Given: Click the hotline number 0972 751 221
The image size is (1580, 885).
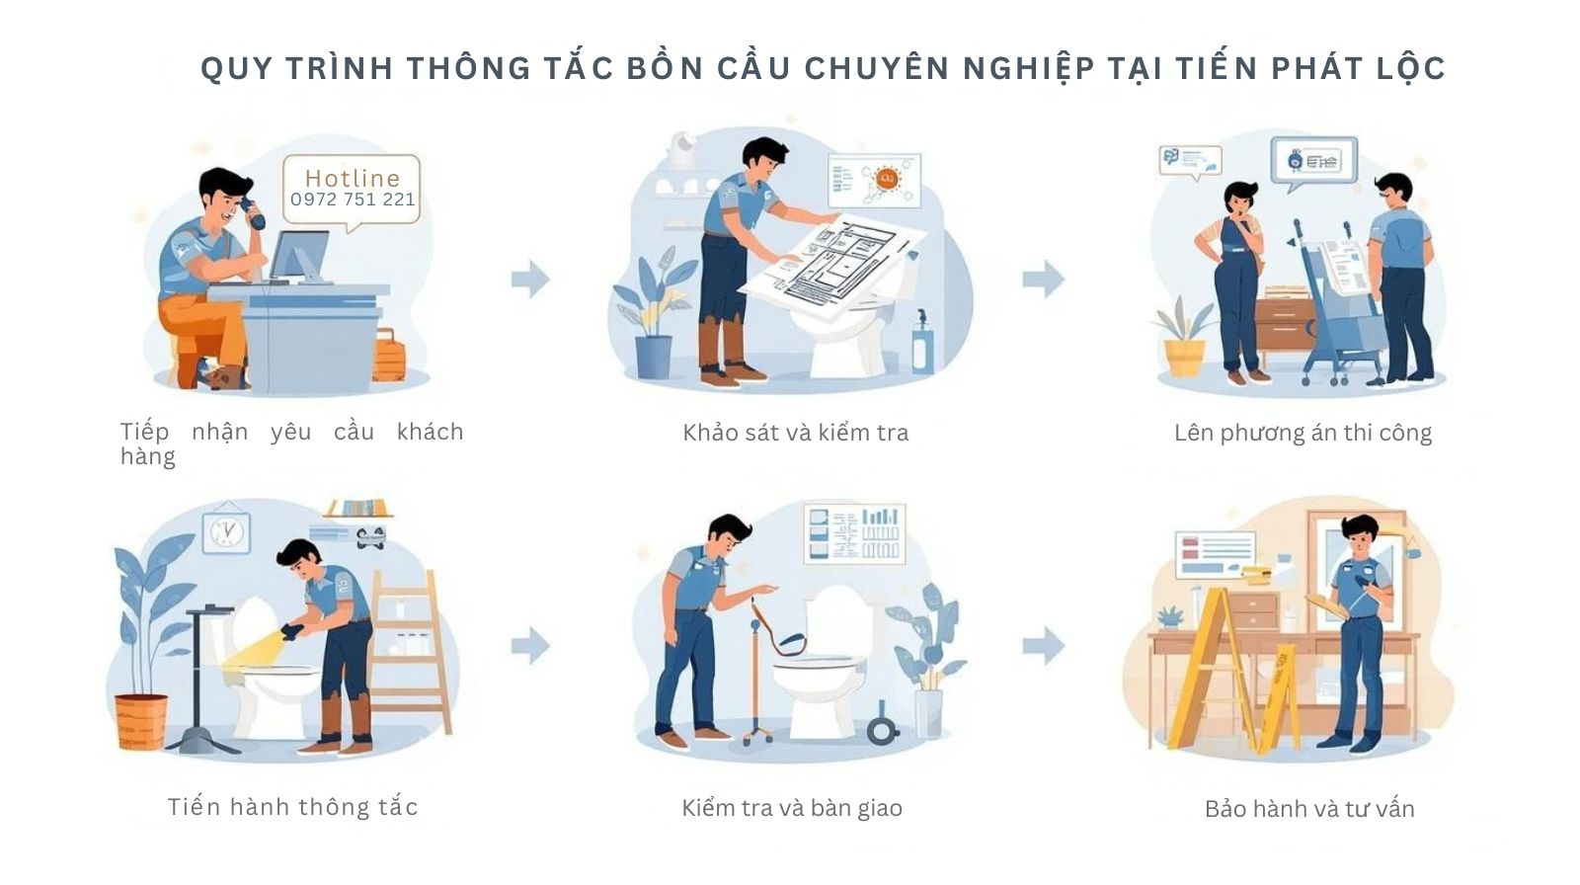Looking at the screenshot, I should coord(353,200).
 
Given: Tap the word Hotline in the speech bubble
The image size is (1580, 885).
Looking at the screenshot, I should coord(353,178).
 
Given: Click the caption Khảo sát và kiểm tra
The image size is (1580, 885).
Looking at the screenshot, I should coord(795,433).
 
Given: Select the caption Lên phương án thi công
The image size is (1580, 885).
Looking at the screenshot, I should coord(1303,433).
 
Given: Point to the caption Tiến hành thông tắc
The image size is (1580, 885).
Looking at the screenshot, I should coord(293,807).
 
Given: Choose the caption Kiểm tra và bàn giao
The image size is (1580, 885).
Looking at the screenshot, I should coord(792,808).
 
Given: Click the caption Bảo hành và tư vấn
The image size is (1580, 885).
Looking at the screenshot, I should coord(1309,809).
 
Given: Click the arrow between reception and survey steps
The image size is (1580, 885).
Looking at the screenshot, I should coord(530,279).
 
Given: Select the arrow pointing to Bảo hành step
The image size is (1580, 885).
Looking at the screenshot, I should coord(1043,647).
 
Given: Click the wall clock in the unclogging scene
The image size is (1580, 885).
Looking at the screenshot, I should coord(227,532).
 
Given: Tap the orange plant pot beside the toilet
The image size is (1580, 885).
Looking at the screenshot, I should coord(141,721).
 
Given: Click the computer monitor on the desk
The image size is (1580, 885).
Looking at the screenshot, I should coord(299,257).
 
